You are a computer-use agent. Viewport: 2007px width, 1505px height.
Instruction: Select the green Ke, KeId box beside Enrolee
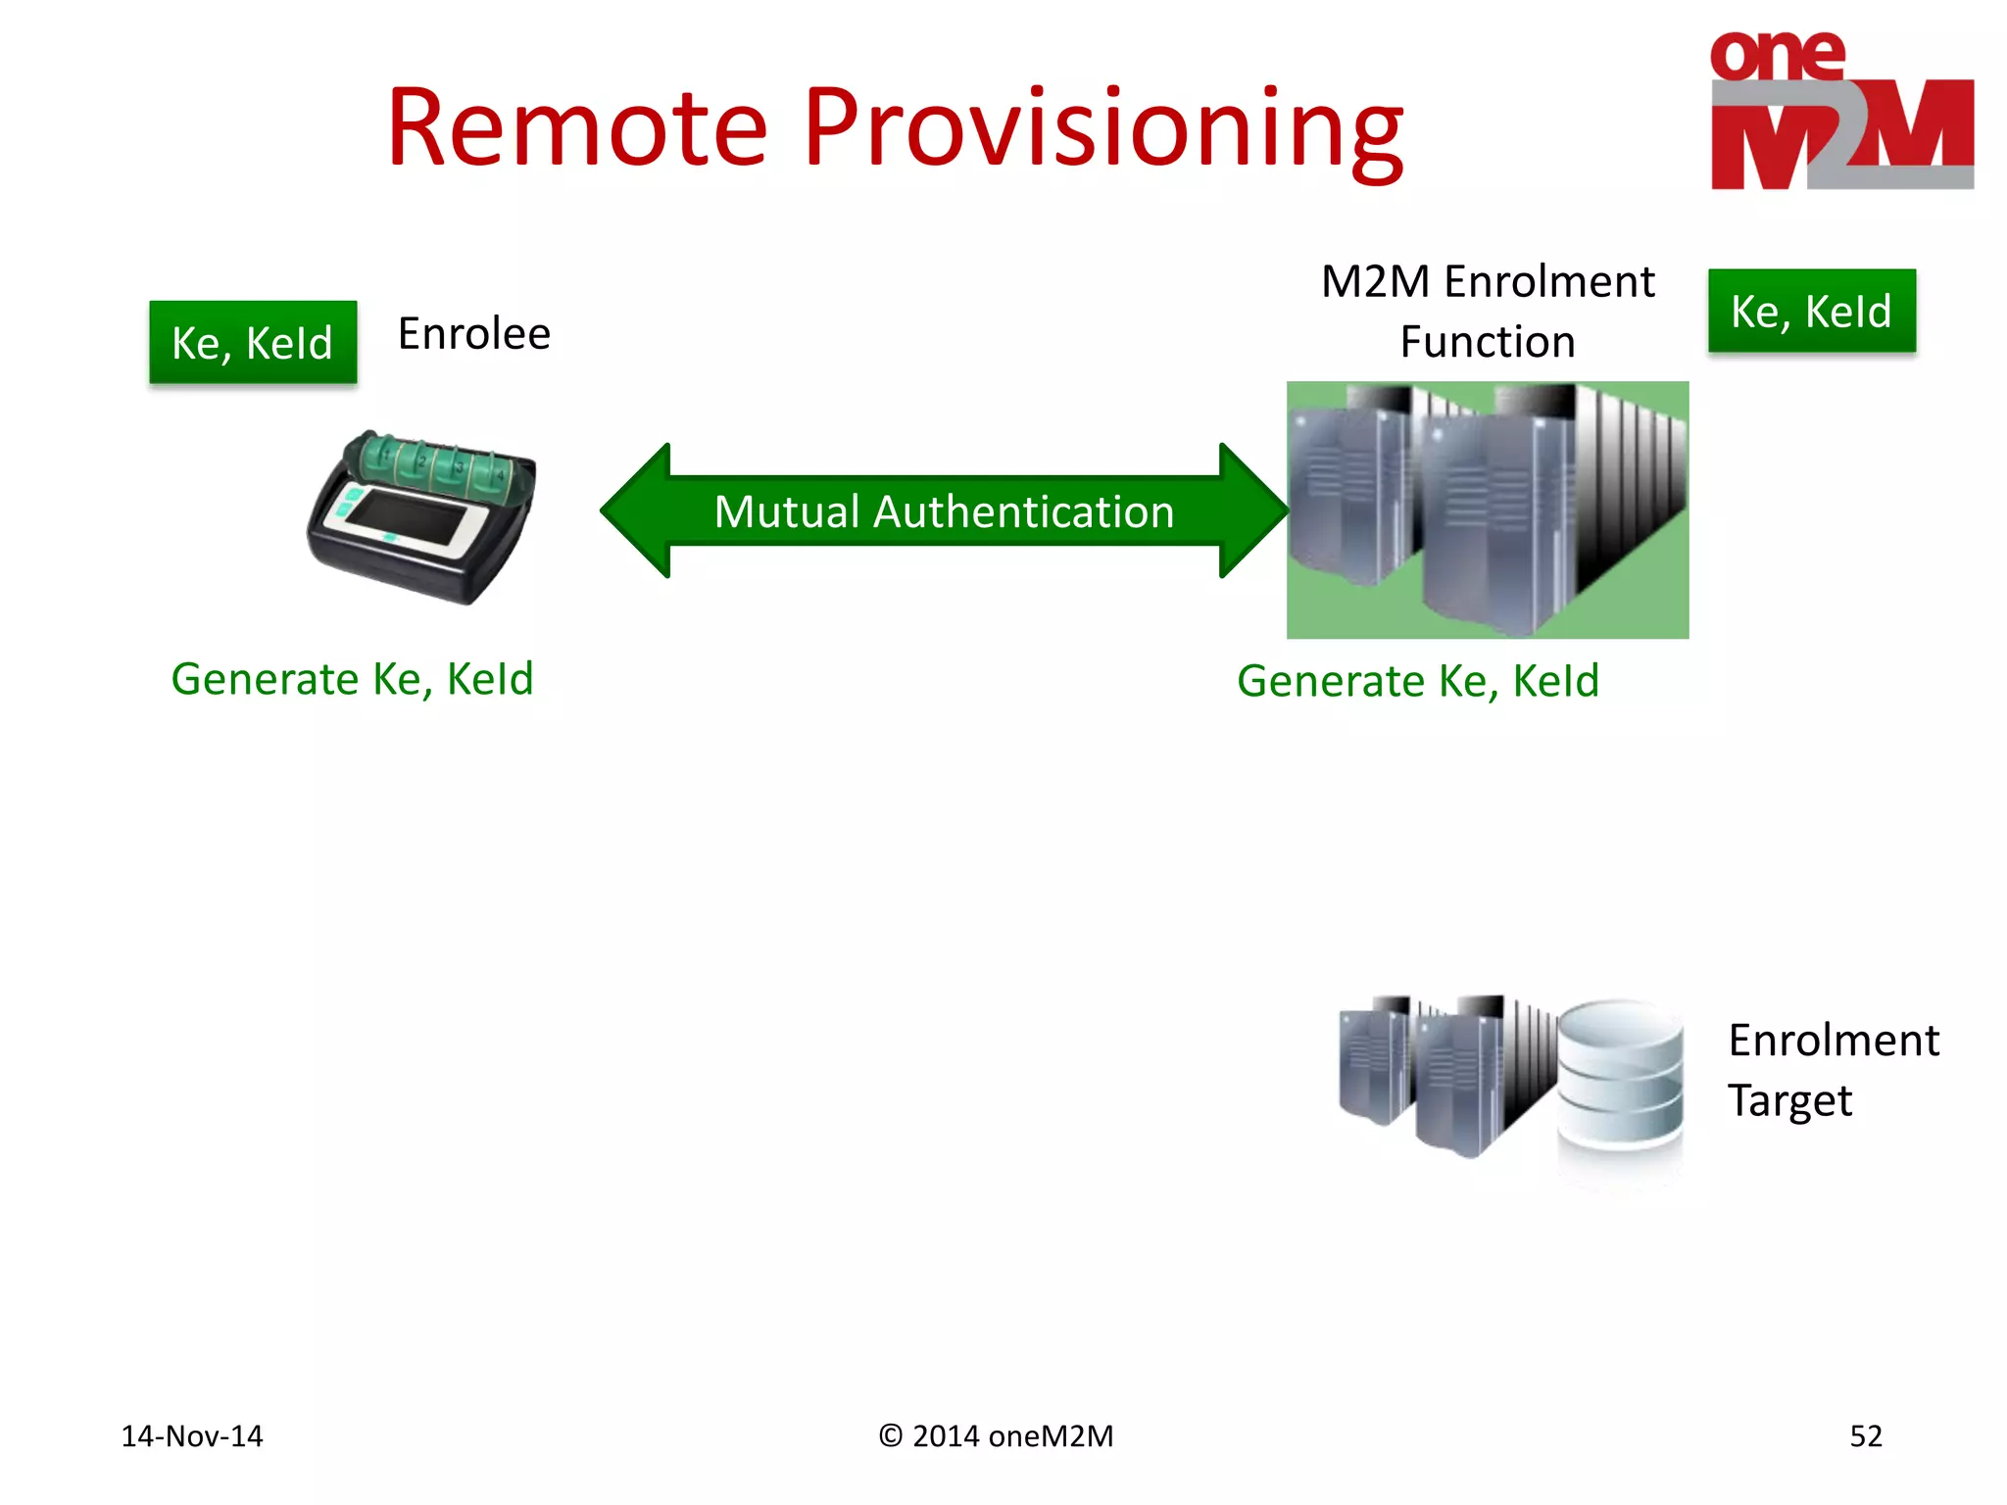pyautogui.click(x=253, y=343)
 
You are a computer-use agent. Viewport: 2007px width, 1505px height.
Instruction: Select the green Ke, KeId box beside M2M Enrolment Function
pyautogui.click(x=1811, y=312)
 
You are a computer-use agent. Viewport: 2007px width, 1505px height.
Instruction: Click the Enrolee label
pyautogui.click(x=474, y=334)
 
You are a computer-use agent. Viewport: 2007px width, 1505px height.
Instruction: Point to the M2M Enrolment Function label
pyautogui.click(x=1487, y=312)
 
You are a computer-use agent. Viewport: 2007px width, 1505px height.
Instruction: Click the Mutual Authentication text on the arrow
pyautogui.click(x=944, y=511)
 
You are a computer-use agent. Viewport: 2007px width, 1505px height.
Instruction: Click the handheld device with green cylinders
pyautogui.click(x=421, y=516)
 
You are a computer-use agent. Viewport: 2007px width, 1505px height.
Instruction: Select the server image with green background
pyautogui.click(x=1487, y=510)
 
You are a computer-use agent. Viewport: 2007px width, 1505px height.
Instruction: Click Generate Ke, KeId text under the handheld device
pyautogui.click(x=352, y=679)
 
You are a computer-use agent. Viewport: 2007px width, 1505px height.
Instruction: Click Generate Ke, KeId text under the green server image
pyautogui.click(x=1417, y=681)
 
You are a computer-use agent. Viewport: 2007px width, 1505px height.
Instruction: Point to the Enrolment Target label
pyautogui.click(x=1832, y=1070)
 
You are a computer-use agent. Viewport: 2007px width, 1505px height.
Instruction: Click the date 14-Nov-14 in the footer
pyautogui.click(x=192, y=1436)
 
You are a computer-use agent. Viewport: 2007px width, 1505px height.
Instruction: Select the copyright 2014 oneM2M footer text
pyautogui.click(x=996, y=1436)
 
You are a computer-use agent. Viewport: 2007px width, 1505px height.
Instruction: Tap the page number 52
pyautogui.click(x=1865, y=1436)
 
